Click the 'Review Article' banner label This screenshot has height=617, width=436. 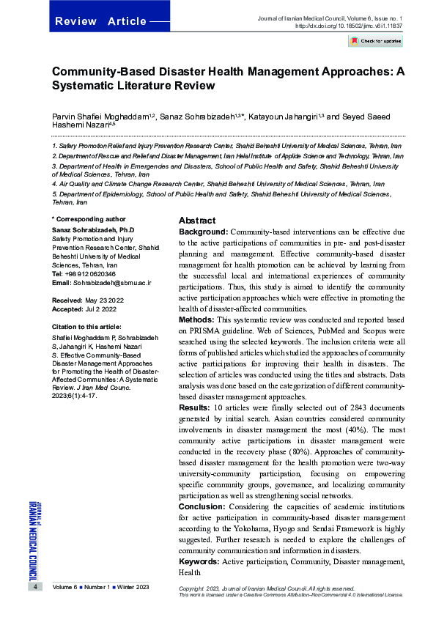(100, 21)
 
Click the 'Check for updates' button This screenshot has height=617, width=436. (376, 41)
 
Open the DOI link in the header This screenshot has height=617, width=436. (349, 25)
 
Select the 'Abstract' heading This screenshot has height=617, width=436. (197, 221)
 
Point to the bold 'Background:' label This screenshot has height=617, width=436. (204, 232)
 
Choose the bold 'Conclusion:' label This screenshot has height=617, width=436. (203, 506)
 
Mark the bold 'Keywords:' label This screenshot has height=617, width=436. (200, 561)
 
